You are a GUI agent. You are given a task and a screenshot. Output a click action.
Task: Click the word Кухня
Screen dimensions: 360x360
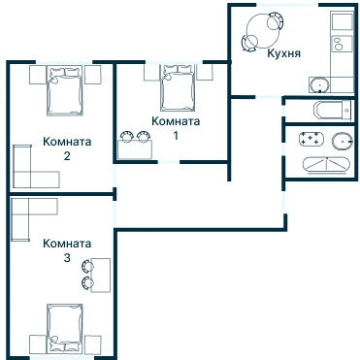[x=283, y=53]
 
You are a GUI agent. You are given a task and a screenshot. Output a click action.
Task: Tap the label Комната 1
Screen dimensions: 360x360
[x=176, y=128]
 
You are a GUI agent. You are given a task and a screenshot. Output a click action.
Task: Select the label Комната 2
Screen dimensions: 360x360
[x=67, y=148]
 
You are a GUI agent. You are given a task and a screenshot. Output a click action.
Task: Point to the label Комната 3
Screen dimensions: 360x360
[x=67, y=250]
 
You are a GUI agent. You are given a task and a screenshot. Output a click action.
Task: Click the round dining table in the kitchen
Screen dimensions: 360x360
[x=262, y=31]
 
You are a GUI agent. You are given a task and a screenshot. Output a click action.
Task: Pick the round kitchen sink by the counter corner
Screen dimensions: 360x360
[x=320, y=85]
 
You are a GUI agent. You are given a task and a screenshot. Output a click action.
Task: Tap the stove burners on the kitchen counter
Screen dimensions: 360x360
[x=339, y=45]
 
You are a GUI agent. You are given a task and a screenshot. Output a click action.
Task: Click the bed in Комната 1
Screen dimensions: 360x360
[x=178, y=87]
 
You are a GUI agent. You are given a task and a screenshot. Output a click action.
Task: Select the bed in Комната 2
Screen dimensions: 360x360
[x=64, y=91]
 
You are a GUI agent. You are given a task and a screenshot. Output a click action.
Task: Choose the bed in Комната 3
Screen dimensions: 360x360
[x=64, y=328]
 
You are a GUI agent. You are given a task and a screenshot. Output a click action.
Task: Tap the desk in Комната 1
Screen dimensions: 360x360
[x=135, y=149]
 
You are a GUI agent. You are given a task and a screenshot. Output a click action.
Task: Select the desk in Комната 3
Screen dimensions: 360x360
[x=101, y=275]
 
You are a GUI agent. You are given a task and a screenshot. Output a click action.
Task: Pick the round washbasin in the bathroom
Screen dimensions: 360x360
[x=342, y=142]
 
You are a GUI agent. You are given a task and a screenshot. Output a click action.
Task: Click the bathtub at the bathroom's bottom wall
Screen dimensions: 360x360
[x=326, y=165]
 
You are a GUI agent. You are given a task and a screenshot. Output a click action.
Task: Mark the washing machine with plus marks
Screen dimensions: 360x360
[x=311, y=139]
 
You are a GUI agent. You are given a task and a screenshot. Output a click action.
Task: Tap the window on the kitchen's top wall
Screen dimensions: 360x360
[x=287, y=5]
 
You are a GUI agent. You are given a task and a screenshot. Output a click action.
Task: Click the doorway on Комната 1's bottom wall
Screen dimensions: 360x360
[x=169, y=162]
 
